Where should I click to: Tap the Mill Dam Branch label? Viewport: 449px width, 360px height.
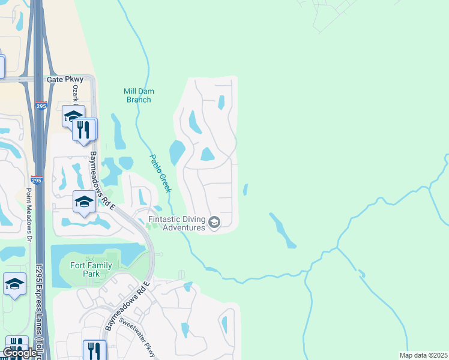(x=139, y=95)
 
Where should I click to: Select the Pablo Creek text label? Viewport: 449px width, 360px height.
(x=160, y=173)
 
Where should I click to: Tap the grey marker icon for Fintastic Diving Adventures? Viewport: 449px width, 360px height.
(x=214, y=223)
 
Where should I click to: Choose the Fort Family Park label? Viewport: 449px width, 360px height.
(x=83, y=269)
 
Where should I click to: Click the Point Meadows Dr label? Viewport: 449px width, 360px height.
(x=28, y=211)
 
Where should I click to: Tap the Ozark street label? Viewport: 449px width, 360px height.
(x=76, y=95)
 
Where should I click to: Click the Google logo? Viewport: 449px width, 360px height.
(x=19, y=353)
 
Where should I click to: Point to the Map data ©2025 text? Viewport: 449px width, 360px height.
(x=423, y=355)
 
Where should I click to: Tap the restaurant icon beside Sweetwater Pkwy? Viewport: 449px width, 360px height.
(x=94, y=350)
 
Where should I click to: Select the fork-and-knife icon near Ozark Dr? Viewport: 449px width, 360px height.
(x=83, y=129)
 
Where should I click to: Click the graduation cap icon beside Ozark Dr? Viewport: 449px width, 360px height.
(x=73, y=115)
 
